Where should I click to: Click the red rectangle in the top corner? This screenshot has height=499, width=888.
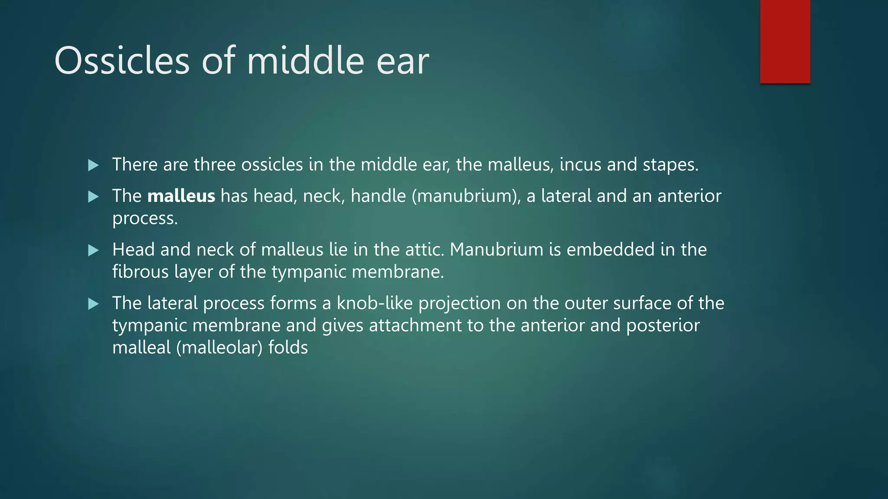pyautogui.click(x=785, y=42)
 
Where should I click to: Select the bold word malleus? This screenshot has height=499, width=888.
pyautogui.click(x=181, y=196)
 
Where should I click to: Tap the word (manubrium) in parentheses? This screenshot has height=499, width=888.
pyautogui.click(x=466, y=196)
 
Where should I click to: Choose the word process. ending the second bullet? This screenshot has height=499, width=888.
pyautogui.click(x=145, y=219)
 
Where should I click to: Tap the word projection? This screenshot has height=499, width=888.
pyautogui.click(x=460, y=303)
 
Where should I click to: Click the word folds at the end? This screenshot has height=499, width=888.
pyautogui.click(x=288, y=348)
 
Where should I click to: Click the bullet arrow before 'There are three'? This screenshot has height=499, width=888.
pyautogui.click(x=93, y=165)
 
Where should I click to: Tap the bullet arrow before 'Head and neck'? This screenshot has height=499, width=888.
pyautogui.click(x=93, y=250)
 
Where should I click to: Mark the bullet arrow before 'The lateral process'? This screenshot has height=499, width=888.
pyautogui.click(x=93, y=304)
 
